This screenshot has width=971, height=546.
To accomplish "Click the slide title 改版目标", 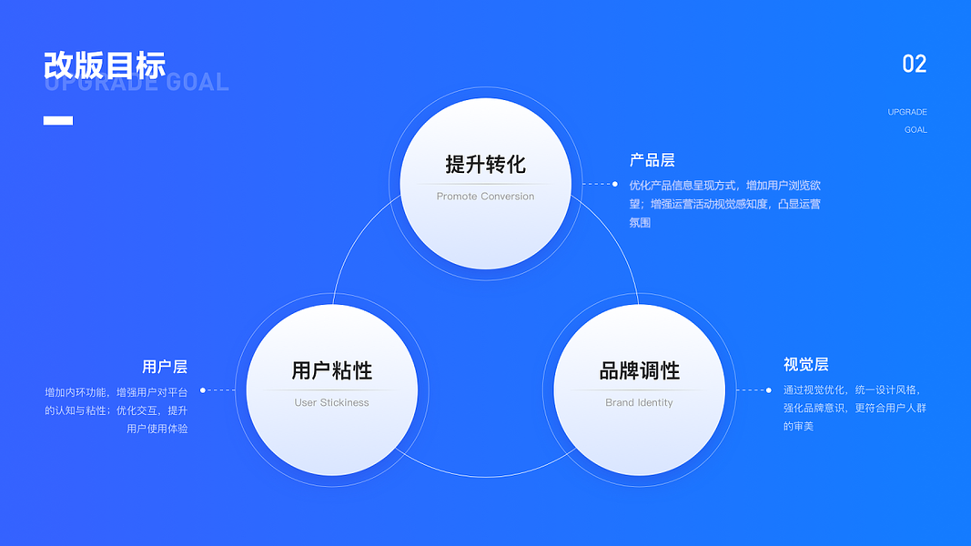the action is (105, 66).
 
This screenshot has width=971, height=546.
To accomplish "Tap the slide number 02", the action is (914, 64).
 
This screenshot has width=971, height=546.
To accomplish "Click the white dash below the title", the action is (58, 120).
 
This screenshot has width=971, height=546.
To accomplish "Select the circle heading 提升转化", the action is (485, 165).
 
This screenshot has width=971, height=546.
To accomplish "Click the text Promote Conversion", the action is (485, 197).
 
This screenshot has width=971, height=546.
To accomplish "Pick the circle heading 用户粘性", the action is (331, 371).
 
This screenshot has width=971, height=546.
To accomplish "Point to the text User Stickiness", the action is (331, 402).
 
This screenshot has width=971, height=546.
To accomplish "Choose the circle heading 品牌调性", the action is (639, 371).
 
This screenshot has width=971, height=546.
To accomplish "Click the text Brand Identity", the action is (639, 402).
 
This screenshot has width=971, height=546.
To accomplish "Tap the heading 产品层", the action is (652, 160).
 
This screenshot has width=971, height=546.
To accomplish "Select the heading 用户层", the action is (165, 367).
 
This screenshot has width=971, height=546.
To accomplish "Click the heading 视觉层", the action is (805, 364).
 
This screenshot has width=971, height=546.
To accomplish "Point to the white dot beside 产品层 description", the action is (615, 184).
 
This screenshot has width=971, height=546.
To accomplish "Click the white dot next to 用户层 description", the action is (203, 390).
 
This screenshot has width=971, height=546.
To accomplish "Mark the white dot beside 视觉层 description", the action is (770, 390).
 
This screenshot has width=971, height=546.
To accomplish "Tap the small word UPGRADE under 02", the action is (907, 112).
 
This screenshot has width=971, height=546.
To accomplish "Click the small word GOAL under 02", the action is (915, 130).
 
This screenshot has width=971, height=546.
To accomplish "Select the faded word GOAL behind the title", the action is (197, 84).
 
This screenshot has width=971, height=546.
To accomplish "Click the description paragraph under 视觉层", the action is (855, 408).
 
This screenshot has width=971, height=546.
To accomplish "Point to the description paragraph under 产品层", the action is (724, 204).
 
